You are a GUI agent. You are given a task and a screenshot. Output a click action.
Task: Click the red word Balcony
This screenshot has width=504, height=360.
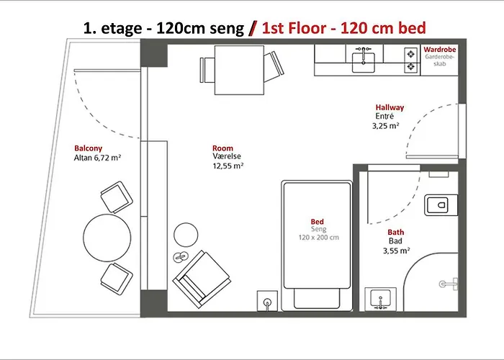(x=88, y=148)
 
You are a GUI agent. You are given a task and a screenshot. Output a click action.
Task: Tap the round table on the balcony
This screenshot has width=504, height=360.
(x=107, y=238)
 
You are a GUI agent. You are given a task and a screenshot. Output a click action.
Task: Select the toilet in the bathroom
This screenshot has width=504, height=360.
(x=441, y=204)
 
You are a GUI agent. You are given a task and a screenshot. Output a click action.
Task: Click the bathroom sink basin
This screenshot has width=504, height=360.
(x=381, y=299)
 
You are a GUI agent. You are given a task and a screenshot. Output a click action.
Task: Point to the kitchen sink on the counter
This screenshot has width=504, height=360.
(x=364, y=61)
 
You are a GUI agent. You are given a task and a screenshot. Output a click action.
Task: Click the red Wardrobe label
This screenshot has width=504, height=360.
(x=439, y=50)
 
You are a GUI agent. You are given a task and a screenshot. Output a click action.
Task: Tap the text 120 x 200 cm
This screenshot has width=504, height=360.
(x=318, y=238)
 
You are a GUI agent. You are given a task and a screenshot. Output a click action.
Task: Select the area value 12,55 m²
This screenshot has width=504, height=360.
(x=228, y=166)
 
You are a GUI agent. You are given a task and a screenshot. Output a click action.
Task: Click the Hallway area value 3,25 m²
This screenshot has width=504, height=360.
(x=386, y=126)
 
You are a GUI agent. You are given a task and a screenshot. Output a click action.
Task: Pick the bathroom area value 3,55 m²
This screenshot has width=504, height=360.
(x=396, y=251)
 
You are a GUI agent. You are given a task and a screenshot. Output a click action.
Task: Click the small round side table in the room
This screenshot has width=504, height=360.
(x=186, y=235)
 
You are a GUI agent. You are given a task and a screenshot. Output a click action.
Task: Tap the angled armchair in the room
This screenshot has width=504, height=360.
(x=202, y=279)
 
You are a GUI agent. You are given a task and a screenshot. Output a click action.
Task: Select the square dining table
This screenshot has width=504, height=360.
(x=239, y=70)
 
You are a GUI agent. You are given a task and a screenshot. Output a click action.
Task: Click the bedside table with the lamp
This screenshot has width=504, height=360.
(x=267, y=301)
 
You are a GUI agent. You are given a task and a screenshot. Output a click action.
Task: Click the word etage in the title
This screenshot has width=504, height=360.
(x=121, y=29)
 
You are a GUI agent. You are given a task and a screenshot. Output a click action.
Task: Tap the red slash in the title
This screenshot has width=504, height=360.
(x=253, y=28)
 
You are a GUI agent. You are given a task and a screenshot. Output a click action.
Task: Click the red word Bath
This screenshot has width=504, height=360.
(x=396, y=232)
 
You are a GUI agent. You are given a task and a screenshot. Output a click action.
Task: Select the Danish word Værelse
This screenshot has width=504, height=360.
(x=227, y=156)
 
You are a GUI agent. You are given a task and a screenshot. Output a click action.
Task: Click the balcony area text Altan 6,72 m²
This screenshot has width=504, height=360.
(x=97, y=158)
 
